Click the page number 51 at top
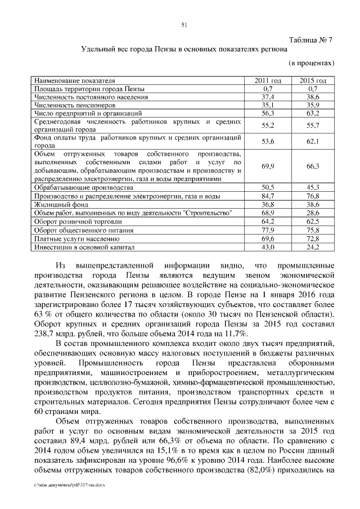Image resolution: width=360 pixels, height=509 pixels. [184, 24]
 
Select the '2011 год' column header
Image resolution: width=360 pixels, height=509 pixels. [268, 81]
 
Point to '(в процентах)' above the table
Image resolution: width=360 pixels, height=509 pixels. [312, 64]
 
